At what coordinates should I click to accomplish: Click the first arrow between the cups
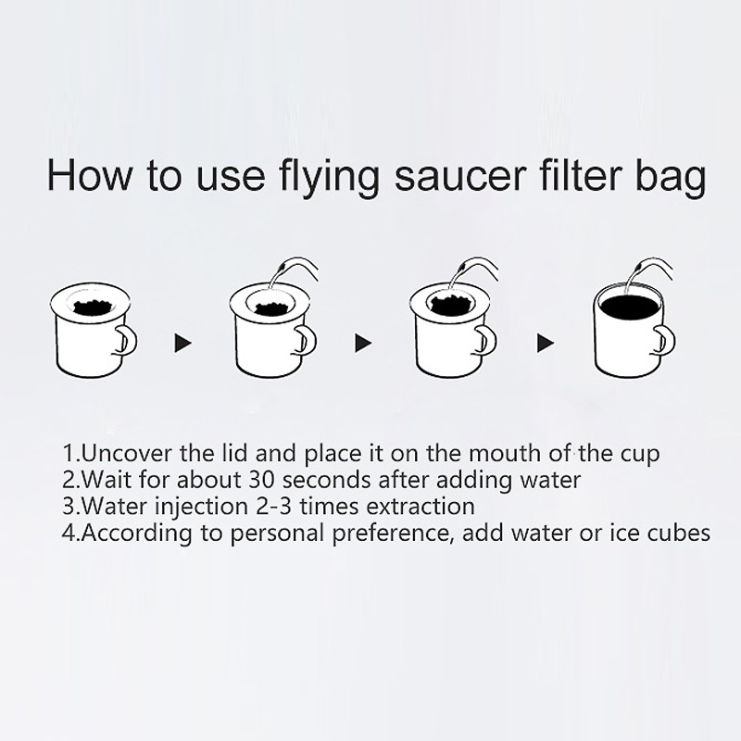tap(182, 344)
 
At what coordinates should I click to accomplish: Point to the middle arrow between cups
tap(363, 344)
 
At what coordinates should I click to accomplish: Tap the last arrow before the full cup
tap(546, 344)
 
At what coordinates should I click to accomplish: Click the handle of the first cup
tap(126, 340)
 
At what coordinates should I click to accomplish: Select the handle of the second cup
tap(306, 340)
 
